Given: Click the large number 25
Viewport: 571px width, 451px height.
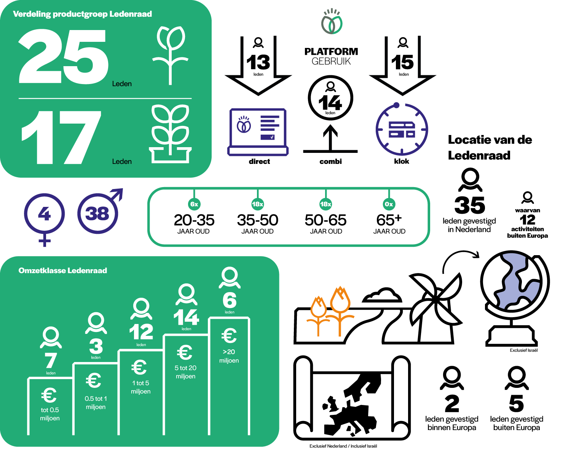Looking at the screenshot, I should (x=64, y=57).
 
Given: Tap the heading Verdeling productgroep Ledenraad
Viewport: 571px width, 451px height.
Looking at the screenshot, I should (x=82, y=14).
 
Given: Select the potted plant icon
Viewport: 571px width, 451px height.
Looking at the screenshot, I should (x=170, y=134).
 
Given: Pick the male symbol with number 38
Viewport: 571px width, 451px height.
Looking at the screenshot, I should (x=98, y=213).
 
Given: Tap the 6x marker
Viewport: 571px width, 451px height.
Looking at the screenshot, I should (x=194, y=204).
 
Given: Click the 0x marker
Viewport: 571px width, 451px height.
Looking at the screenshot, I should (x=389, y=204).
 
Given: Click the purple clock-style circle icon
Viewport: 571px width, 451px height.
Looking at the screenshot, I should (x=402, y=129).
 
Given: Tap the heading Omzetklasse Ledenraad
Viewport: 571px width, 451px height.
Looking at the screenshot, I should (x=63, y=271).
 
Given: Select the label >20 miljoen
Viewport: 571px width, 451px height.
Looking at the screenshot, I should (x=229, y=356).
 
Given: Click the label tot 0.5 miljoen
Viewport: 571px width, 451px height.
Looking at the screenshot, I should (x=50, y=414).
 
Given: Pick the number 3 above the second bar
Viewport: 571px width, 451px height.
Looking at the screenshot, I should (x=96, y=346).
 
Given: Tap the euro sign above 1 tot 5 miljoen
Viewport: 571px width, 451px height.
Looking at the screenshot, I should (x=139, y=367).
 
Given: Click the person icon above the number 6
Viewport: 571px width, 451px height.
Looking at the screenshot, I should (x=230, y=278).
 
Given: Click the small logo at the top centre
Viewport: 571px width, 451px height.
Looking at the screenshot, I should (x=332, y=22).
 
